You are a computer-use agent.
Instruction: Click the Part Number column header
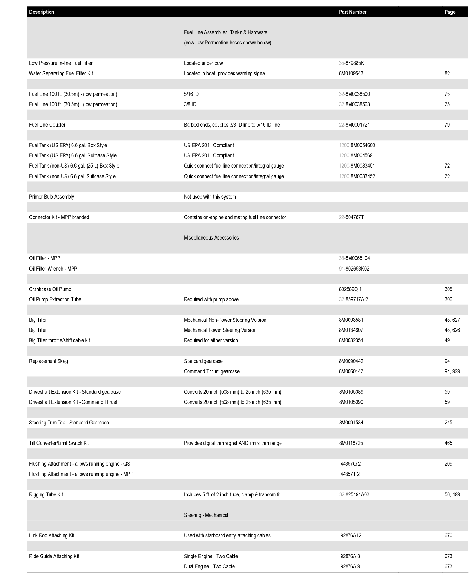point(352,12)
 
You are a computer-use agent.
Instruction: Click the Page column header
point(450,12)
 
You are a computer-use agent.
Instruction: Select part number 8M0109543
point(351,73)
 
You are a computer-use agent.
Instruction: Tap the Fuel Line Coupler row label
point(47,125)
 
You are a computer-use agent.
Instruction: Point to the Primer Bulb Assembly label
point(51,197)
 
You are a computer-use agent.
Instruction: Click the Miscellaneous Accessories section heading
point(211,238)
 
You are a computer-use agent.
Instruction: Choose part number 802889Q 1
point(350,289)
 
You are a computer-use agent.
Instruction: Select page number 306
point(448,299)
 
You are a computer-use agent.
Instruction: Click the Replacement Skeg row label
point(49,361)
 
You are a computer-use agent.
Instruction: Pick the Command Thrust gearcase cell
point(211,371)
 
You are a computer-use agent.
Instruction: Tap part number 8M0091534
point(351,423)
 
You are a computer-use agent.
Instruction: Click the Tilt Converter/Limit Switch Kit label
point(59,443)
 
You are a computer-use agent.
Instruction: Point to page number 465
point(448,443)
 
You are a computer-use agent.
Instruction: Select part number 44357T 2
point(350,474)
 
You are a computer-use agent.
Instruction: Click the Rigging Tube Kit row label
point(46,494)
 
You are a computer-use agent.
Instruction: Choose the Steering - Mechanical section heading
point(206,515)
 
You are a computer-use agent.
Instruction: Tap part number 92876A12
point(350,535)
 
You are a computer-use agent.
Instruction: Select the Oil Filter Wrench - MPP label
point(53,269)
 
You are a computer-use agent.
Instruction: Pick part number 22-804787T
point(351,217)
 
